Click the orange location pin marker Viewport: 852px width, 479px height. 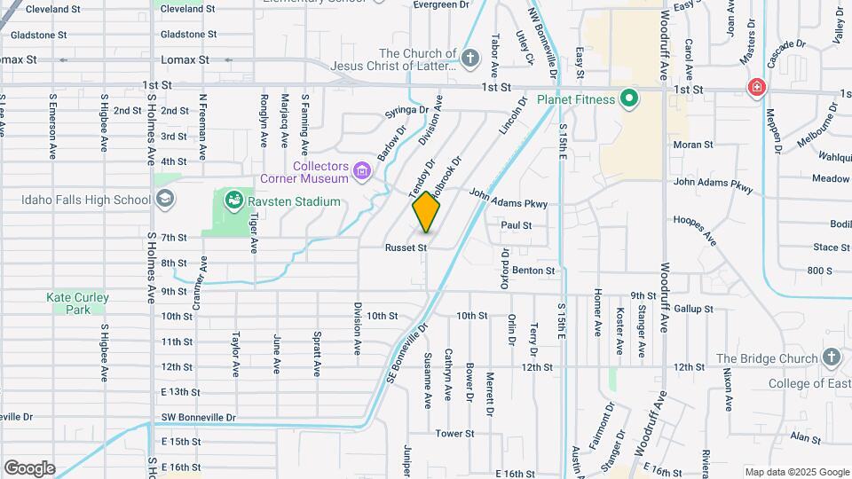coord(427,212)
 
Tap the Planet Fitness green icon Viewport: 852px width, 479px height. coord(630,98)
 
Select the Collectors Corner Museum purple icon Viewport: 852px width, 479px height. coord(362,169)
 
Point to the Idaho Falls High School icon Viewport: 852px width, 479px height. coord(165,200)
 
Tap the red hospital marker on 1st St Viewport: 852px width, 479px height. coord(756,87)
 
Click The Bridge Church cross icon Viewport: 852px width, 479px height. coord(831,357)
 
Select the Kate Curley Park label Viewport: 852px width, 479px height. coord(78,303)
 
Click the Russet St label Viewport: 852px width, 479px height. coord(406,247)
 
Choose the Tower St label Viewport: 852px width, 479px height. coord(454,434)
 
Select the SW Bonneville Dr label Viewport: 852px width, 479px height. coord(199,417)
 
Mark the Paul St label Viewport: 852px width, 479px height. coord(516,225)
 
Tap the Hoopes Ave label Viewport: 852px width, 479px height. coord(695,229)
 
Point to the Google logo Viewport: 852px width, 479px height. coord(29,467)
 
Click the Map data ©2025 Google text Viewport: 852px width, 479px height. coord(795,472)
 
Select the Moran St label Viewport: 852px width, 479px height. coord(692,145)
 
